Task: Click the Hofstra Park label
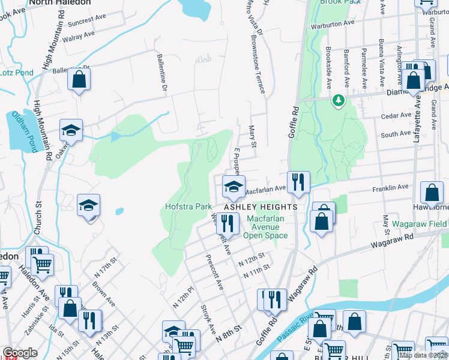(188, 207)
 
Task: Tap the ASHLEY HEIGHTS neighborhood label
(261, 207)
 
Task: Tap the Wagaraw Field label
(420, 224)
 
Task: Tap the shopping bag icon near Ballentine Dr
(79, 79)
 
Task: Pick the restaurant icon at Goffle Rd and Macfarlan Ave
(298, 181)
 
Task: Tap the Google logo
(20, 353)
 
